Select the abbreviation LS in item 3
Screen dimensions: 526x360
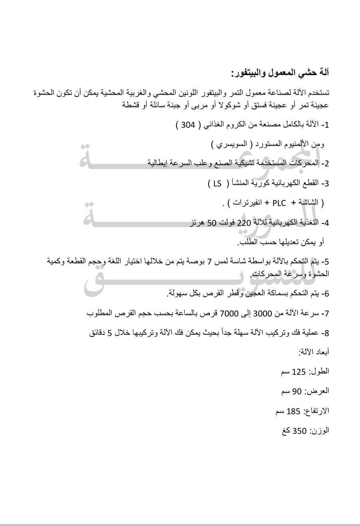coord(217,183)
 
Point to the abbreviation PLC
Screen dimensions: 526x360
coord(279,203)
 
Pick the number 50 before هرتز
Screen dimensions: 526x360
coord(211,223)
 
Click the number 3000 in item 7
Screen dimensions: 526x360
coord(262,313)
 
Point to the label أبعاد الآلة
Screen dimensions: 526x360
coord(314,352)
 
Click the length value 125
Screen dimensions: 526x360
coord(299,372)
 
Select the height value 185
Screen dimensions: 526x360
coord(293,411)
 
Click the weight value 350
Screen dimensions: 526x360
coord(299,431)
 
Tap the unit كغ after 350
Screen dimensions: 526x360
coord(286,431)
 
